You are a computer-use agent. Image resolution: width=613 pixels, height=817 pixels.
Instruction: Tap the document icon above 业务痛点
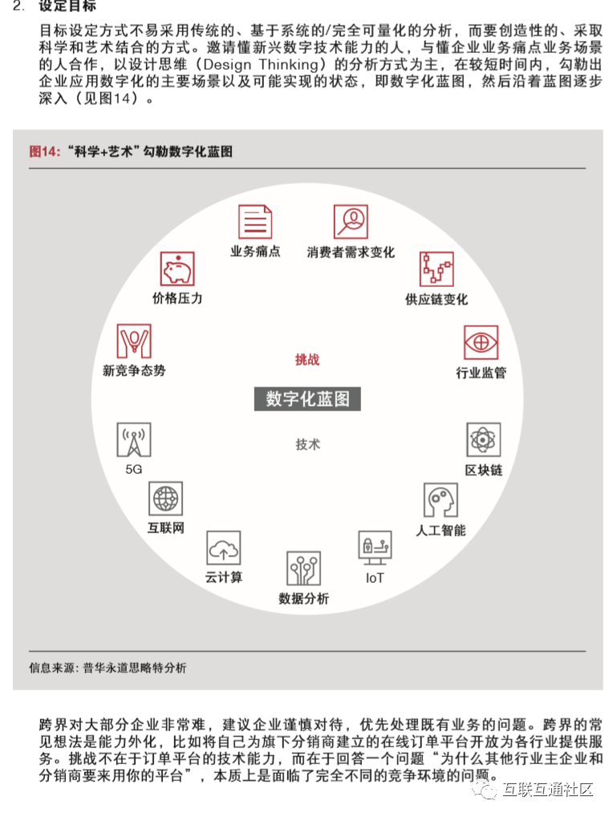pyautogui.click(x=255, y=222)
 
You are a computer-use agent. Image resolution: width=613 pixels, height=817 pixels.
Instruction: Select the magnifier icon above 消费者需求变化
pyautogui.click(x=351, y=221)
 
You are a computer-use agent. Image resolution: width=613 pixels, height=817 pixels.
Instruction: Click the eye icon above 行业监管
pyautogui.click(x=481, y=342)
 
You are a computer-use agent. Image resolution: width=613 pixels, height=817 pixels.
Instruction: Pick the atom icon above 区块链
pyautogui.click(x=483, y=439)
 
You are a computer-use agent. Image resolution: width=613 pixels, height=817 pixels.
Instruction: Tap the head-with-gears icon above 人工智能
pyautogui.click(x=440, y=500)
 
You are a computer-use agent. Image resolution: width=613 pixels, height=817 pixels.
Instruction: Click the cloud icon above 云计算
pyautogui.click(x=224, y=548)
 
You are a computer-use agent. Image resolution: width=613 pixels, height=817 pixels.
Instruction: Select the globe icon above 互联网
pyautogui.click(x=165, y=499)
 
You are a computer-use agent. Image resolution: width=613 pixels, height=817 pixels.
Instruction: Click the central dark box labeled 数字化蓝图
pyautogui.click(x=307, y=398)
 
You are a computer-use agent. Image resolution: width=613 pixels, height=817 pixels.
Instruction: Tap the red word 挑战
pyautogui.click(x=307, y=359)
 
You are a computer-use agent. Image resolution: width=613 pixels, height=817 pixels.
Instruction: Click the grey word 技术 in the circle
pyautogui.click(x=307, y=444)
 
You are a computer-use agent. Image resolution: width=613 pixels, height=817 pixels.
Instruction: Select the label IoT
pyautogui.click(x=375, y=578)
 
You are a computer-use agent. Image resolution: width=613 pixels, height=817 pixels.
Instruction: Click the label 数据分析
pyautogui.click(x=303, y=599)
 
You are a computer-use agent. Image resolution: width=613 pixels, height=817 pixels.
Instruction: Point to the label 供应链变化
pyautogui.click(x=436, y=299)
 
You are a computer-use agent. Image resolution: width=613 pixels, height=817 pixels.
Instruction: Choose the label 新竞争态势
pyautogui.click(x=134, y=370)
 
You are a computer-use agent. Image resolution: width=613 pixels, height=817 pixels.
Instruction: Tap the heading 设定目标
pyautogui.click(x=67, y=7)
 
